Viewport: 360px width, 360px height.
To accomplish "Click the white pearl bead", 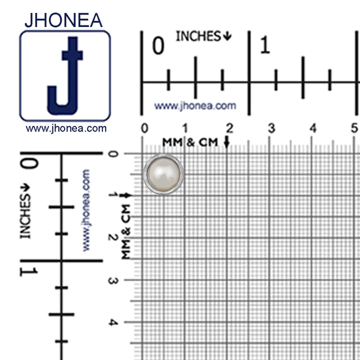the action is [x=163, y=174].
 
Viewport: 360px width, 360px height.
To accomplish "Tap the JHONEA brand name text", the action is [x=63, y=20].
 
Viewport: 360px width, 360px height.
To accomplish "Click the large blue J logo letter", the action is [x=65, y=76].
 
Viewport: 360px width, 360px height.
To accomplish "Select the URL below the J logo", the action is [x=66, y=128].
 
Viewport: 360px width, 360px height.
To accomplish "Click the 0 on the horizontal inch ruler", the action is [x=158, y=45].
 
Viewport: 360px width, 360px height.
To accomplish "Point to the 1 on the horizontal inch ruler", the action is [x=265, y=45].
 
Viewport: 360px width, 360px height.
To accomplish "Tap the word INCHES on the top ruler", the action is [x=198, y=36].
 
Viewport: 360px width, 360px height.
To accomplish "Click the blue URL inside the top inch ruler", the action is [x=195, y=106].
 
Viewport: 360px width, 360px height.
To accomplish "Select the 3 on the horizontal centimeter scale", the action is [x=271, y=128].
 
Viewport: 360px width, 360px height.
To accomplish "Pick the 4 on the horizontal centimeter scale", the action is [x=313, y=128].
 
